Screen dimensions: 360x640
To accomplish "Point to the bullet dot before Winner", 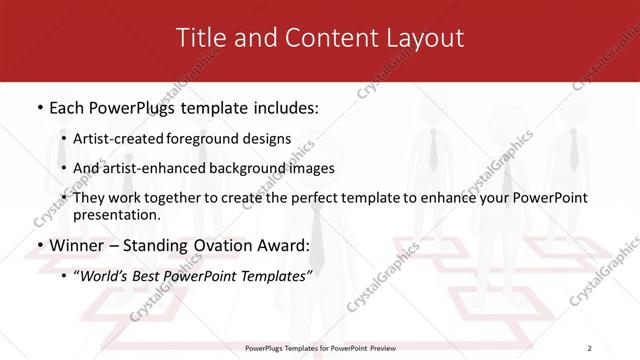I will click(39, 246).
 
